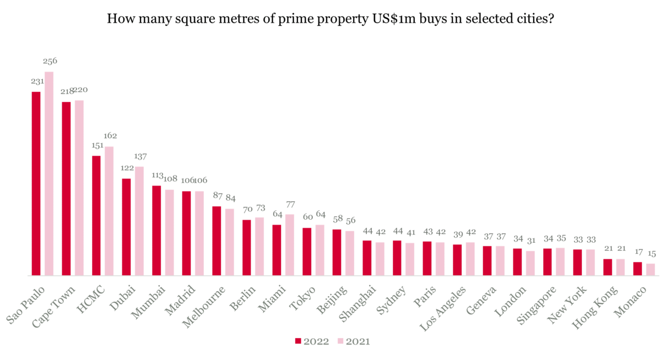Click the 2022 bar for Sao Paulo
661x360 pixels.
36,183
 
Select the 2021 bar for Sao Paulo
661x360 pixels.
49,173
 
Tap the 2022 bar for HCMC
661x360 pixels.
96,215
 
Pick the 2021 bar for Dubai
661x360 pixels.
139,221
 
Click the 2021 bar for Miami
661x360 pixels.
290,244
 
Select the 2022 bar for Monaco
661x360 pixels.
637,269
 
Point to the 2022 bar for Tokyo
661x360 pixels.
307,252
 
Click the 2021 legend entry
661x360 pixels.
353,342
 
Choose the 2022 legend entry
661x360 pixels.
312,342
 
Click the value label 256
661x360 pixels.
50,61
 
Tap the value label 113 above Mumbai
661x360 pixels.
156,176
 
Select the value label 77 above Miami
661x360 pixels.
290,204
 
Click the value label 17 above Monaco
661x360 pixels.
637,252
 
